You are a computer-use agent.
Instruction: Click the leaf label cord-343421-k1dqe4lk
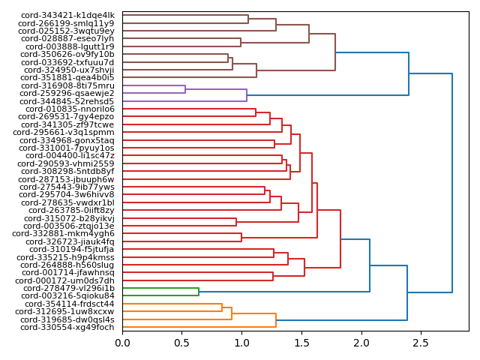coord(67,15)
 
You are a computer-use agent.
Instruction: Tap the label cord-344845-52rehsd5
coord(68,101)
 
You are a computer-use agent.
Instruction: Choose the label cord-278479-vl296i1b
coord(69,288)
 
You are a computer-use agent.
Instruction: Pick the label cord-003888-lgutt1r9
coord(70,46)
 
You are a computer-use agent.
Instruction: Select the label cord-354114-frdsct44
coord(69,304)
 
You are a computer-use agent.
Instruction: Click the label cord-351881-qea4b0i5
coord(68,77)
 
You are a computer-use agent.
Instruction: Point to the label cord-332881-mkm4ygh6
coord(64,233)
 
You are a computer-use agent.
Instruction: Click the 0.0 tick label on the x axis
coord(122,343)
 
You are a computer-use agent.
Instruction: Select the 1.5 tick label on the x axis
coord(301,343)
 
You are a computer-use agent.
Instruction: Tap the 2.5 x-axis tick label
coord(421,343)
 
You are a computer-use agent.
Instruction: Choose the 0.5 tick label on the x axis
coord(182,343)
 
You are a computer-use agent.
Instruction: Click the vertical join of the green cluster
coord(199,292)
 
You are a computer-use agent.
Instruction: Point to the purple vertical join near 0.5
coord(185,89)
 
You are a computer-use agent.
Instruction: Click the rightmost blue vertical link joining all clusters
coord(452,183)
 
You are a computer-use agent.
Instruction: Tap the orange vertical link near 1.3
coord(276,319)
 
